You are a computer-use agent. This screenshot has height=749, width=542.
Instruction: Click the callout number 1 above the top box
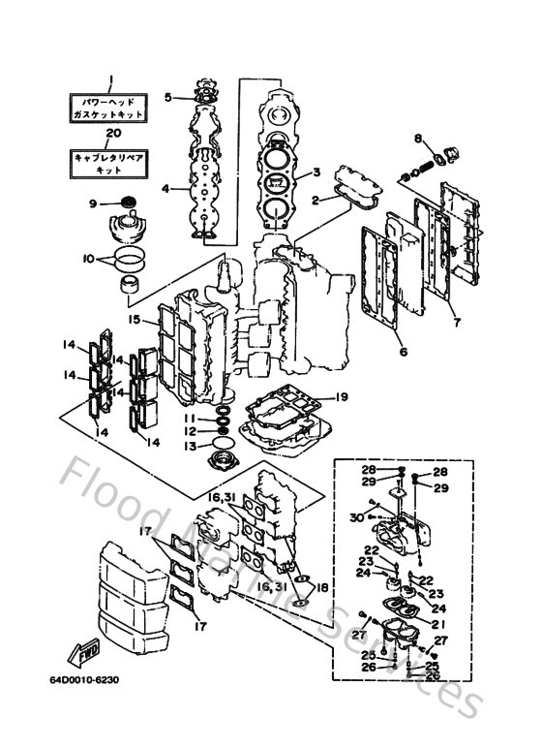tap(111, 80)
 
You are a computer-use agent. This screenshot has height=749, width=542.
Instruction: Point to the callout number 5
tap(167, 97)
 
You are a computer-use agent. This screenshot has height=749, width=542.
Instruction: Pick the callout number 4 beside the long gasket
tap(166, 188)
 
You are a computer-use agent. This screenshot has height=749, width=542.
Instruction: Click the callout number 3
tap(316, 173)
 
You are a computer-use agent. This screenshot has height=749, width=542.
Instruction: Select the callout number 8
tap(418, 140)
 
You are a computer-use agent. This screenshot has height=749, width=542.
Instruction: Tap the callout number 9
tap(93, 203)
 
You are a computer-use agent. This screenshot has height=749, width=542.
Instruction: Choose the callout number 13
tap(193, 446)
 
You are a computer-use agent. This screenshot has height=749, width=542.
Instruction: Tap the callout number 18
tap(323, 587)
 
